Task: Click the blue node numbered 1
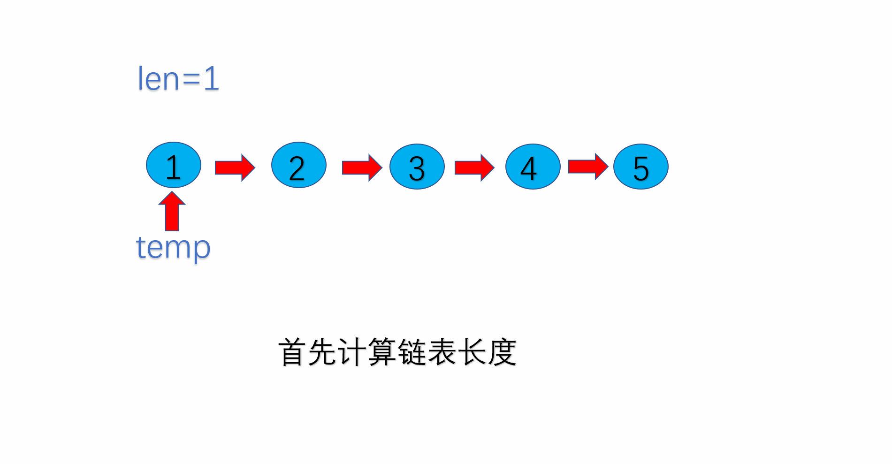point(174,165)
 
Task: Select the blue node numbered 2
point(298,165)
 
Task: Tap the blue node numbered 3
point(417,167)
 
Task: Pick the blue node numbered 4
point(533,167)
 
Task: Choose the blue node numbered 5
point(640,167)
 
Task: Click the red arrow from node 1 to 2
point(235,167)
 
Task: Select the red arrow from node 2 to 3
point(362,167)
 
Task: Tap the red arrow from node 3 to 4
point(474,167)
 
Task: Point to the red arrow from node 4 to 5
point(587,167)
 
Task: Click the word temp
point(173,247)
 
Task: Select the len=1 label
point(178,78)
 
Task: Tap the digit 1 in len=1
point(211,78)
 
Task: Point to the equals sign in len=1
point(191,79)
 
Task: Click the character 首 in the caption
point(292,352)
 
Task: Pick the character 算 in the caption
point(382,352)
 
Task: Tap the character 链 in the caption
point(412,352)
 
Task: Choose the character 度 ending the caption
point(502,352)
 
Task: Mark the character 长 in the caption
point(472,352)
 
